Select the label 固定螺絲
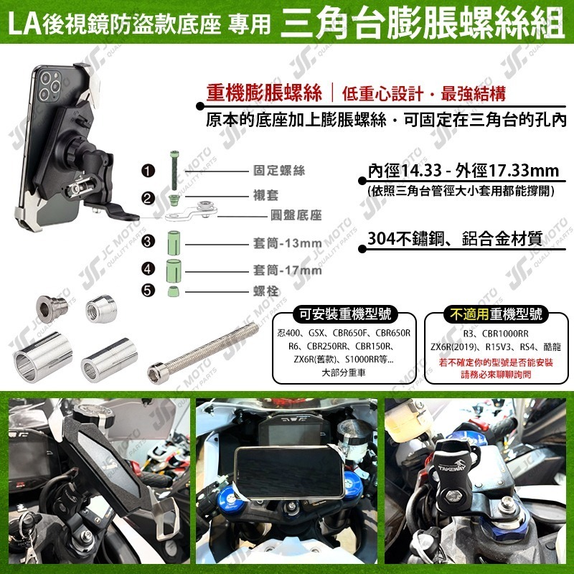[x=279, y=171]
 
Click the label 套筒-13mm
[x=287, y=243]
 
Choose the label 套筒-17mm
[x=287, y=270]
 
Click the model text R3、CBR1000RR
[x=495, y=334]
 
